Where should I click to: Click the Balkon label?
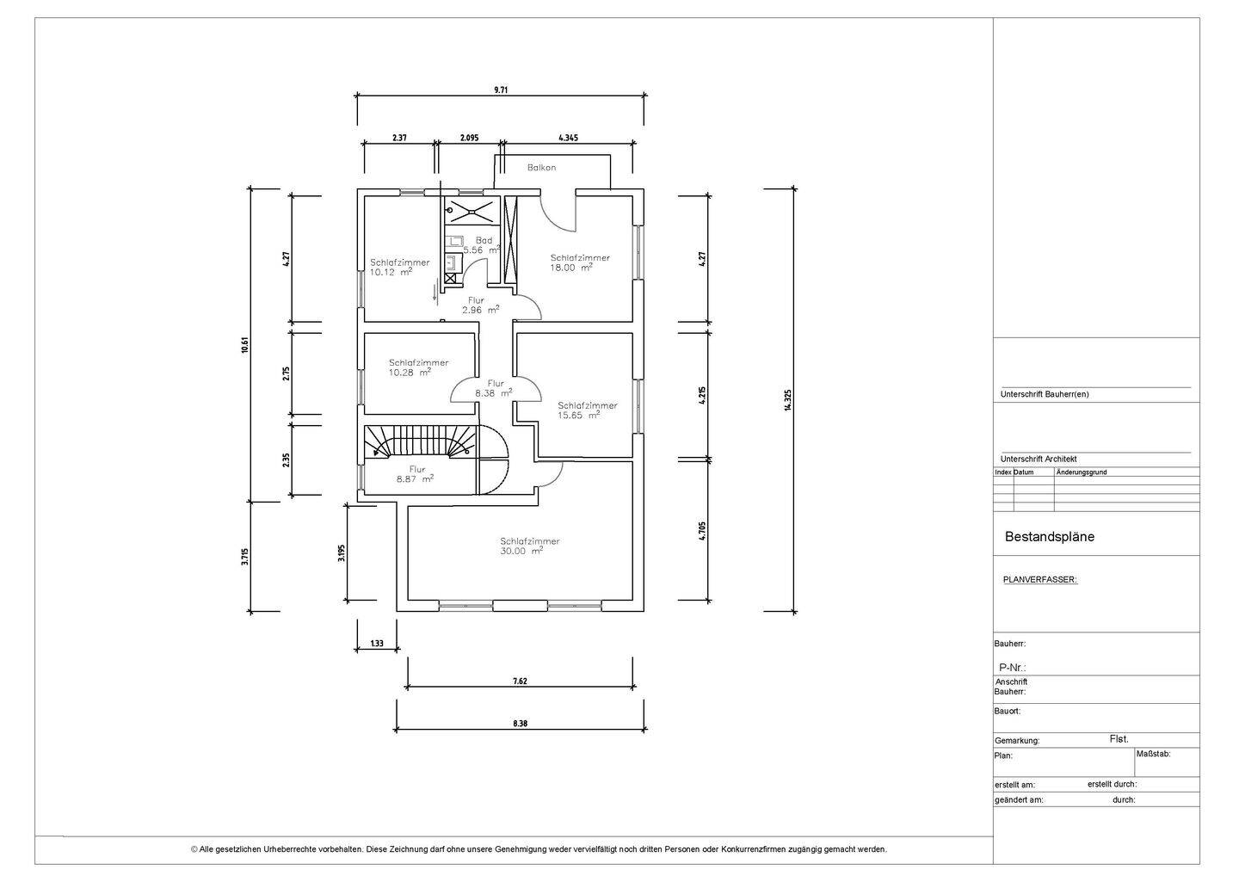[x=541, y=167]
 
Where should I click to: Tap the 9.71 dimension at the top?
[x=501, y=89]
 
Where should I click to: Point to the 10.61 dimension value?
[x=245, y=344]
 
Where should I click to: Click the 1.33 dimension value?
[x=377, y=643]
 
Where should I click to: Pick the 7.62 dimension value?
[x=520, y=681]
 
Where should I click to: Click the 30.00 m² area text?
[x=521, y=551]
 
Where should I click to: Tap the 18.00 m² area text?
[x=571, y=267]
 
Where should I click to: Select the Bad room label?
[x=484, y=240]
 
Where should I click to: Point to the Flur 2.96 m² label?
[x=481, y=305]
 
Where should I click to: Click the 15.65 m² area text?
[x=578, y=415]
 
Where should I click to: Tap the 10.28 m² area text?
[x=410, y=373]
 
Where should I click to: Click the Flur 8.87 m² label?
[x=415, y=474]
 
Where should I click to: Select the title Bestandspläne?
[x=1050, y=536]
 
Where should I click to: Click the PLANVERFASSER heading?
[x=1040, y=580]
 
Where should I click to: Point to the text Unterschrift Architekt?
[x=1039, y=459]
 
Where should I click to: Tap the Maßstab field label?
[x=1153, y=753]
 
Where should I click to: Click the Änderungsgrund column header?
[x=1082, y=472]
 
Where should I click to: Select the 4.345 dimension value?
[x=568, y=138]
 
